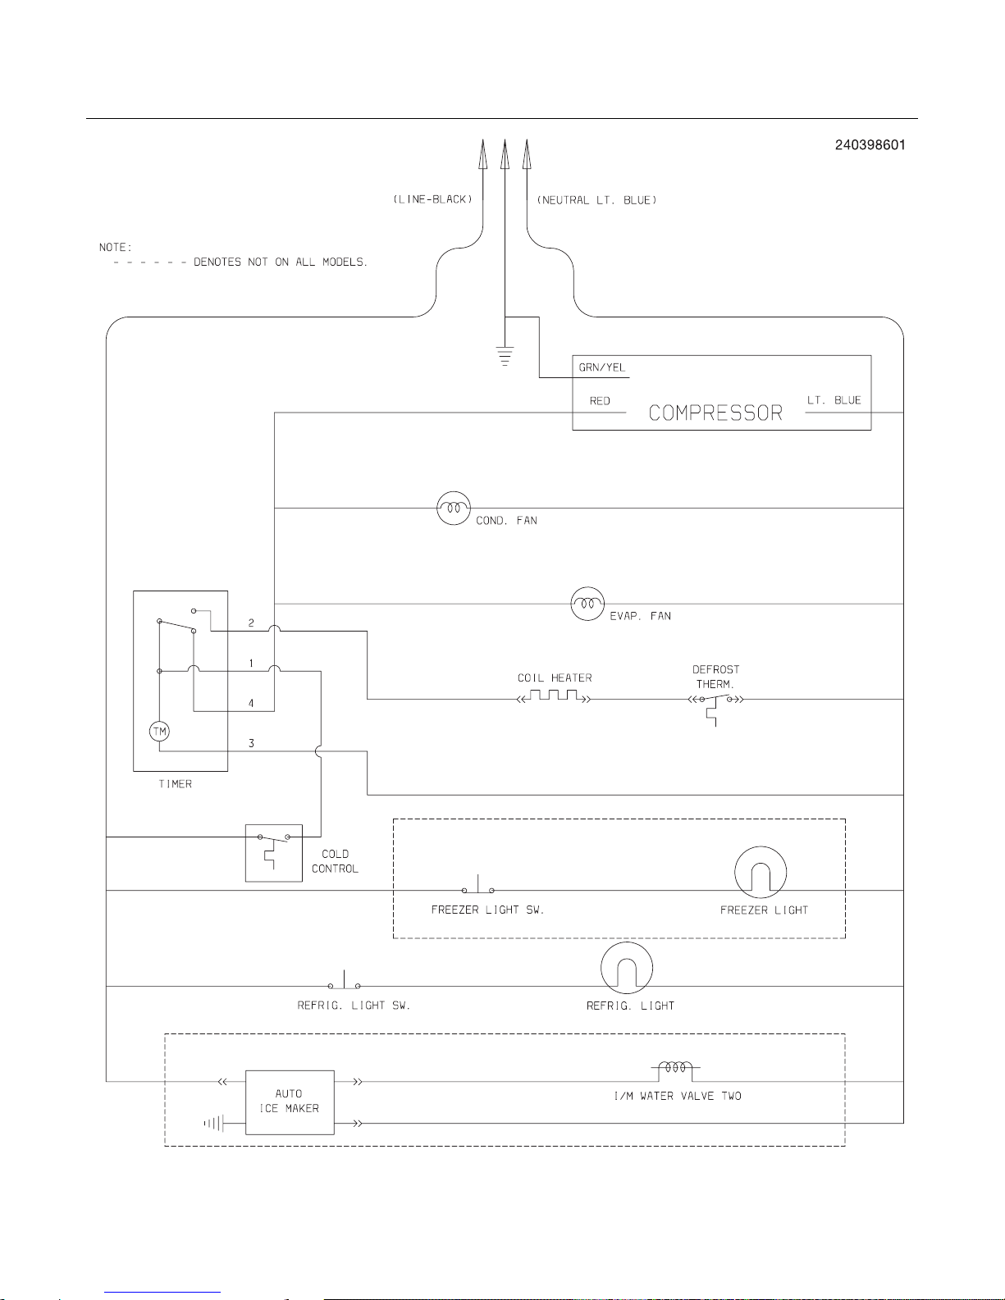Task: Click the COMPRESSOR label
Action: click(x=715, y=413)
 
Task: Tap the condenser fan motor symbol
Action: click(x=454, y=508)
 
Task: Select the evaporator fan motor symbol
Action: click(x=587, y=604)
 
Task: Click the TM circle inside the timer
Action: click(x=160, y=731)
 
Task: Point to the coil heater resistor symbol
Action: click(x=554, y=696)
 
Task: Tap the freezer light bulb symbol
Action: click(x=761, y=872)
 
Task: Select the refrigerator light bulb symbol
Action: click(x=626, y=968)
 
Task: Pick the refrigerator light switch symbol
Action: click(x=344, y=980)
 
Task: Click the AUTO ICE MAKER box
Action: click(x=290, y=1102)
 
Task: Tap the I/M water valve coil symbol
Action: click(x=675, y=1070)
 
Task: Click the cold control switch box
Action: click(x=273, y=853)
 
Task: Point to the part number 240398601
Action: click(x=870, y=145)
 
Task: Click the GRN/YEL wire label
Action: click(x=602, y=367)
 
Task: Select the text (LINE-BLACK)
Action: click(x=432, y=199)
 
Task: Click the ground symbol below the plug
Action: click(x=505, y=355)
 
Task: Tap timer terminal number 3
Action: click(x=251, y=743)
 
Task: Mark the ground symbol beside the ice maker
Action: click(x=213, y=1124)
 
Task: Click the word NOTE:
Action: click(x=116, y=247)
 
